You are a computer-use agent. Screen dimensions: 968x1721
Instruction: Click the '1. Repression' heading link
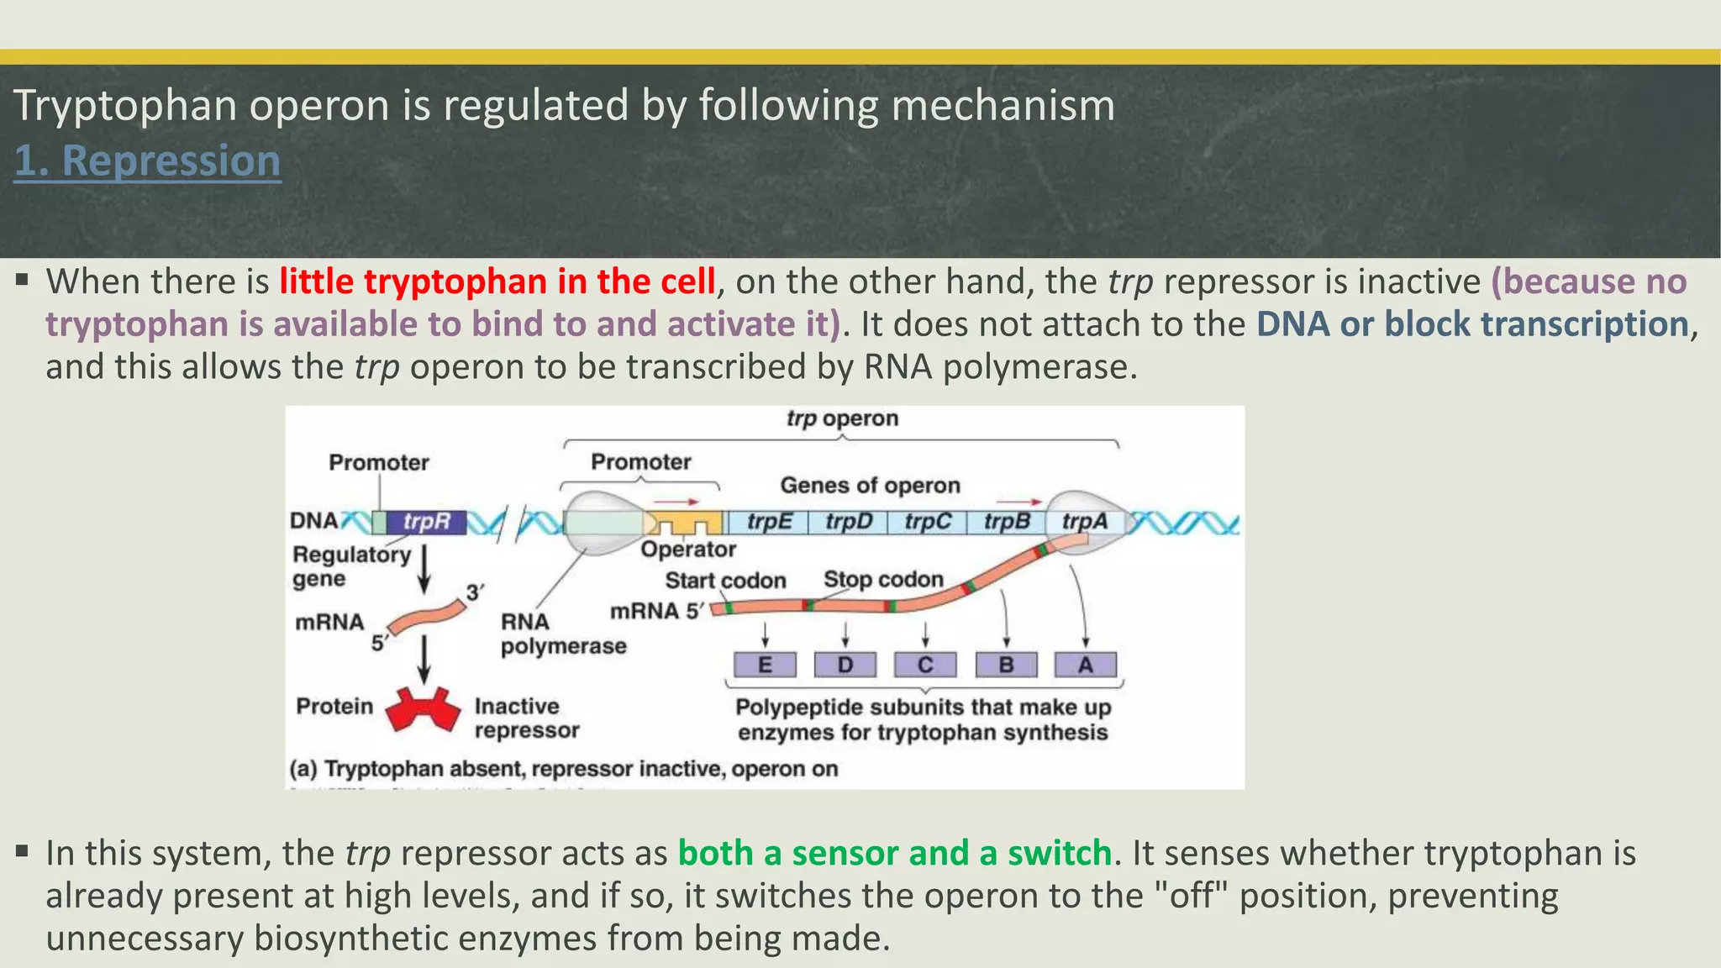point(147,160)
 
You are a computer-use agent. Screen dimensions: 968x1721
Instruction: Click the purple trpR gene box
point(426,522)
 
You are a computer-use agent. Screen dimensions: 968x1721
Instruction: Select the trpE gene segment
point(769,522)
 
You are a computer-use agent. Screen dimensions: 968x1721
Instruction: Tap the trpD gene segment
point(848,522)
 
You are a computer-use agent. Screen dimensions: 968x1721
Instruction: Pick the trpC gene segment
point(927,522)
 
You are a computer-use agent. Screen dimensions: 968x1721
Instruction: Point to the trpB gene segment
point(1006,522)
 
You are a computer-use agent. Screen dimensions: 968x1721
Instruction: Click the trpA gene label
point(1084,522)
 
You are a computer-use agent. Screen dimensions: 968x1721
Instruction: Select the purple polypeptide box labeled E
point(765,665)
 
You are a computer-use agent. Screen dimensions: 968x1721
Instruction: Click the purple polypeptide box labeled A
point(1086,665)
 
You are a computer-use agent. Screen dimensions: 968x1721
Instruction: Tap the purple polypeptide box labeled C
point(925,665)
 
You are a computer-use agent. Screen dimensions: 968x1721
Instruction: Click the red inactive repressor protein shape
point(423,710)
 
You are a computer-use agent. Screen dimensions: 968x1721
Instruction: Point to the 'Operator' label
point(687,550)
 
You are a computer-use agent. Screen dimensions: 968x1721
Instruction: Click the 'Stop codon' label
point(883,579)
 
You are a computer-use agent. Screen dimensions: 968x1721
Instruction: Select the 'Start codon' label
point(725,581)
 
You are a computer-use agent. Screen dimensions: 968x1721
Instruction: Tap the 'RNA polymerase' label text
point(562,634)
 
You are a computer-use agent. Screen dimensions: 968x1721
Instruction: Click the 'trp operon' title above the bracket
point(842,418)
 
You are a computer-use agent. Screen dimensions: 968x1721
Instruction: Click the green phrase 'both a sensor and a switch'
point(894,853)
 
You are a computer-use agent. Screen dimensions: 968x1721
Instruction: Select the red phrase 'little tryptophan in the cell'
point(497,281)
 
